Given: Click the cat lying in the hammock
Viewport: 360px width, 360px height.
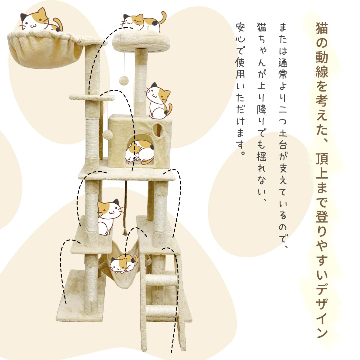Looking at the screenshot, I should (123, 264).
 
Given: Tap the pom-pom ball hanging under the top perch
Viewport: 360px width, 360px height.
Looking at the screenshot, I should (123, 81).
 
